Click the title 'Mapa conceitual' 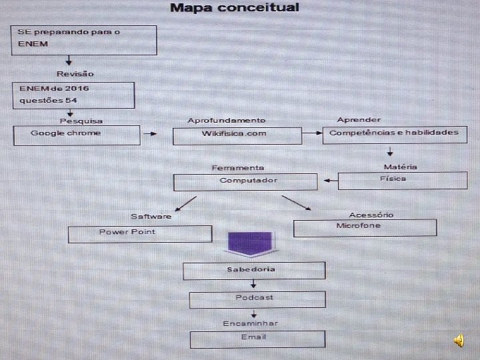click(235, 8)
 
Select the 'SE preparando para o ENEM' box click(83, 40)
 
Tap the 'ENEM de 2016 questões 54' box click(73, 95)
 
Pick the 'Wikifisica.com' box click(233, 135)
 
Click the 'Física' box click(402, 180)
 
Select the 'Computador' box click(245, 181)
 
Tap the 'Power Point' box click(139, 233)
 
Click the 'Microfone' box click(365, 227)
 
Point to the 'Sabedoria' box click(253, 270)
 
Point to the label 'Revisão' click(75, 73)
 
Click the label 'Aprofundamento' click(226, 120)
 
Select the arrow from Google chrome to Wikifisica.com click(150, 134)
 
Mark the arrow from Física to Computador click(329, 180)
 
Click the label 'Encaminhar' click(250, 323)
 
